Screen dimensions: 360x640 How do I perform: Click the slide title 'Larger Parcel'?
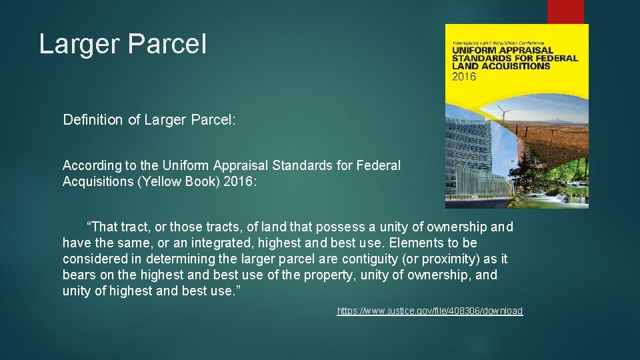123,45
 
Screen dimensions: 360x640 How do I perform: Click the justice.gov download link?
430,311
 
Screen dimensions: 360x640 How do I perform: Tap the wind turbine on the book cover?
505,120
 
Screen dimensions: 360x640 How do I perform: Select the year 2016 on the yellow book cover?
465,77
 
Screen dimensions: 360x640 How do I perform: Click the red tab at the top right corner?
565,11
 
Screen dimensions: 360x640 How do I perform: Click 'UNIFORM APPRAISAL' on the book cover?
503,50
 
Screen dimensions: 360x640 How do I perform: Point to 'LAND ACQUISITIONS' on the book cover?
501,66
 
